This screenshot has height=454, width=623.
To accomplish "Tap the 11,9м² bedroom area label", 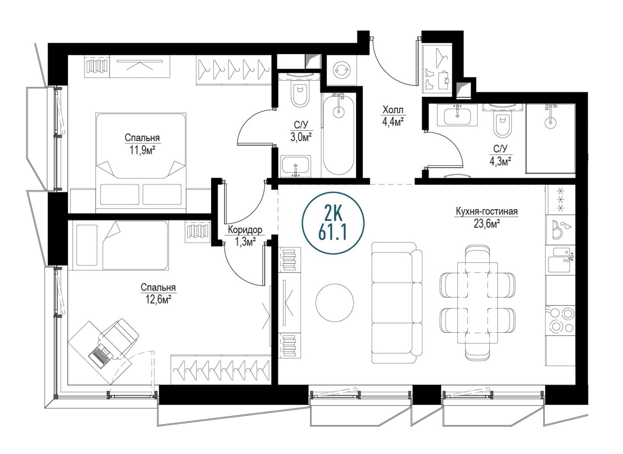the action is [x=142, y=151].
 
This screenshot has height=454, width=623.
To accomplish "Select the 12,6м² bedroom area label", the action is [x=158, y=300].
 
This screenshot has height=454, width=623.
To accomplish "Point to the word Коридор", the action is [x=245, y=230].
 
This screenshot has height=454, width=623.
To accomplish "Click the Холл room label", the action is [x=393, y=110].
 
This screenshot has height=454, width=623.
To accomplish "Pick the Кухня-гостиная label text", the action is [x=486, y=212].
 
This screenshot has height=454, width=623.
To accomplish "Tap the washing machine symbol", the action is [x=341, y=71].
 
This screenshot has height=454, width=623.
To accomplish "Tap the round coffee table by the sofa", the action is [x=334, y=302].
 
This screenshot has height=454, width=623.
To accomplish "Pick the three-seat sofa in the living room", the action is [x=397, y=303].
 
